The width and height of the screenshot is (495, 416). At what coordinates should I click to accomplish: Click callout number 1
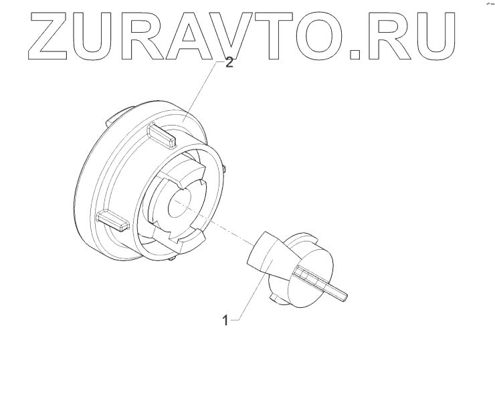(x=226, y=320)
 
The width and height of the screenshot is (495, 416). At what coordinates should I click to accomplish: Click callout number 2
(x=229, y=64)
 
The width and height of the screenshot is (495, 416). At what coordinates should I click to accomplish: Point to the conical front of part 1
(x=262, y=252)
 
